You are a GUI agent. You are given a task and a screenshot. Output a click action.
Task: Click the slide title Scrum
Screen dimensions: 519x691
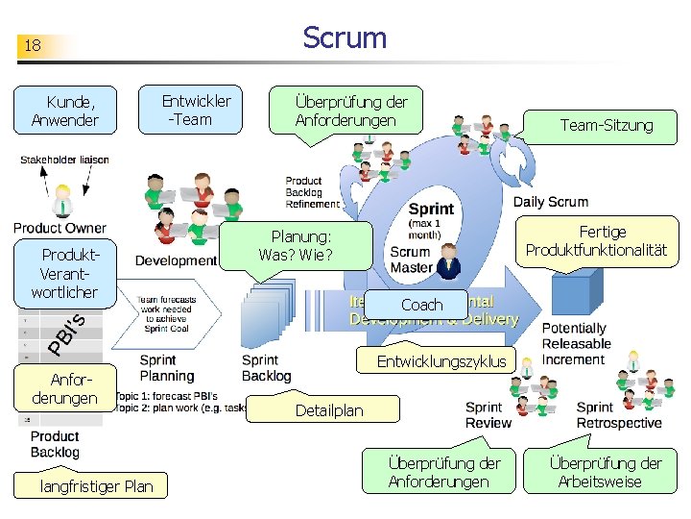[345, 38]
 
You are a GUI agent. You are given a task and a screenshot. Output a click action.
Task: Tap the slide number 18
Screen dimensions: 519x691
[33, 46]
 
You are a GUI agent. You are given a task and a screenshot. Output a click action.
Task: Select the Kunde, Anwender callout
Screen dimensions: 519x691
[64, 111]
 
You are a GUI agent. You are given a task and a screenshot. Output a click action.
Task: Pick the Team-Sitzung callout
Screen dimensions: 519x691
[606, 125]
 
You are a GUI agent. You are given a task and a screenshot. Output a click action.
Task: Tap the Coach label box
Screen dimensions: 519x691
[421, 305]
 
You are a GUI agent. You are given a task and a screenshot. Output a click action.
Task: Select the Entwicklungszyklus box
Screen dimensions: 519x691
[441, 361]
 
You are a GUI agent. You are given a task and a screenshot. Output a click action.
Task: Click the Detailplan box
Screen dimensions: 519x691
[328, 410]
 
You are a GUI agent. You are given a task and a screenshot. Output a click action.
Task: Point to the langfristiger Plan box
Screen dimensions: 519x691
[96, 486]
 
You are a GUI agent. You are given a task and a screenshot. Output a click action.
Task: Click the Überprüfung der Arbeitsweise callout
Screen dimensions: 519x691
[605, 472]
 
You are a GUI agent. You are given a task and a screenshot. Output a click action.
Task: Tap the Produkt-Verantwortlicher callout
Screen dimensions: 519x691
[64, 273]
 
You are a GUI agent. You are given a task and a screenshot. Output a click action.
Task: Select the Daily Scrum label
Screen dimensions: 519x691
[550, 202]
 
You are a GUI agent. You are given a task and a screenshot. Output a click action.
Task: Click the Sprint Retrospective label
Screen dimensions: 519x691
[618, 415]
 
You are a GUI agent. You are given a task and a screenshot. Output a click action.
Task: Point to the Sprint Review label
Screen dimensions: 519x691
[488, 415]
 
